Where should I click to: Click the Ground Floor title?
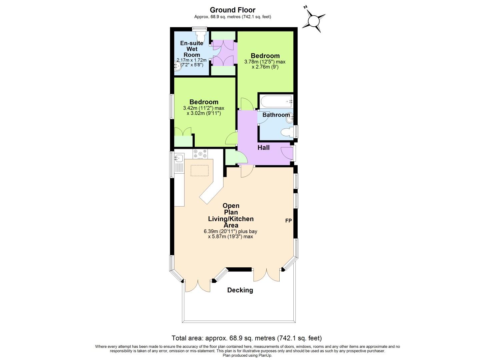tap(233, 10)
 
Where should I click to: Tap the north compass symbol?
tap(314, 21)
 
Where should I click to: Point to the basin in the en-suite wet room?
tap(177, 67)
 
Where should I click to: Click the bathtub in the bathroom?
tap(276, 101)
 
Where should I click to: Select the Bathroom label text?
tap(276, 115)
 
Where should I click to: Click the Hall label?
tap(263, 147)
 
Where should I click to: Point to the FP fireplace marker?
tap(288, 221)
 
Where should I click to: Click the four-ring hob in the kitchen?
tap(200, 154)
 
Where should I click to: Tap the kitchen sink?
tap(179, 158)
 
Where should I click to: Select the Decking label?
tap(240, 290)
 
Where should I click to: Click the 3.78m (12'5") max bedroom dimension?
tap(265, 62)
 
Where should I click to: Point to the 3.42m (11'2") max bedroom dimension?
tap(203, 108)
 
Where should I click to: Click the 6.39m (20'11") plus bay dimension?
tap(230, 231)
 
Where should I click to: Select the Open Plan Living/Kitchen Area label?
tap(231, 215)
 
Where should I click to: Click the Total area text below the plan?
tap(247, 338)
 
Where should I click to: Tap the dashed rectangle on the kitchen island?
tap(200, 170)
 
